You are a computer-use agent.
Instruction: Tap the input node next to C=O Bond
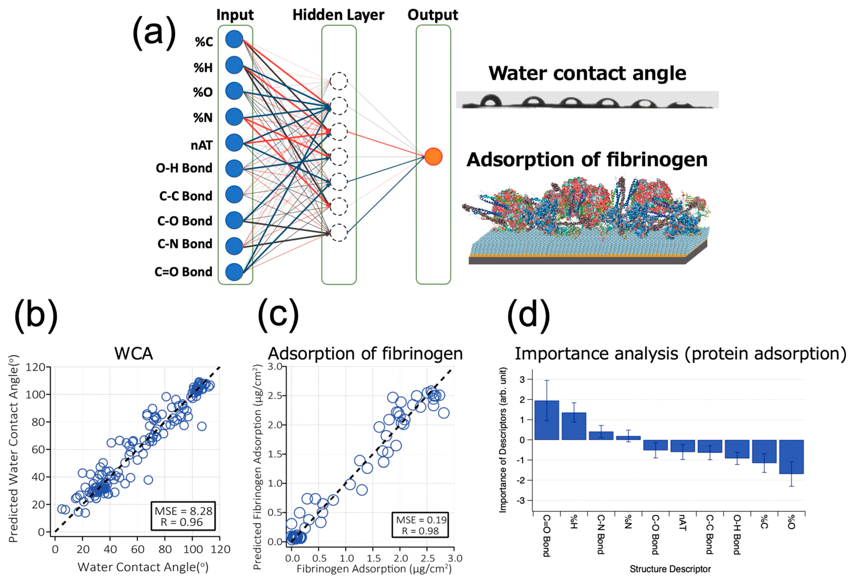click(x=234, y=272)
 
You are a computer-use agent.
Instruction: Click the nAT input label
click(x=201, y=146)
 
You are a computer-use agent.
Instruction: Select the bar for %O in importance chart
click(x=791, y=457)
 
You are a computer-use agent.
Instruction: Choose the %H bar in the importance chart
click(x=574, y=426)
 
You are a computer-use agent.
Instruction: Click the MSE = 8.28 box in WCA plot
click(x=183, y=516)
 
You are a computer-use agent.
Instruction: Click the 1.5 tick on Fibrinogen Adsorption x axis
click(x=373, y=558)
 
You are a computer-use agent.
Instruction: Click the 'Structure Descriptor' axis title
click(x=670, y=569)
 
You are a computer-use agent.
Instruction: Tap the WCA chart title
click(x=133, y=354)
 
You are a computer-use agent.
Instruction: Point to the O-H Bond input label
click(x=184, y=168)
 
